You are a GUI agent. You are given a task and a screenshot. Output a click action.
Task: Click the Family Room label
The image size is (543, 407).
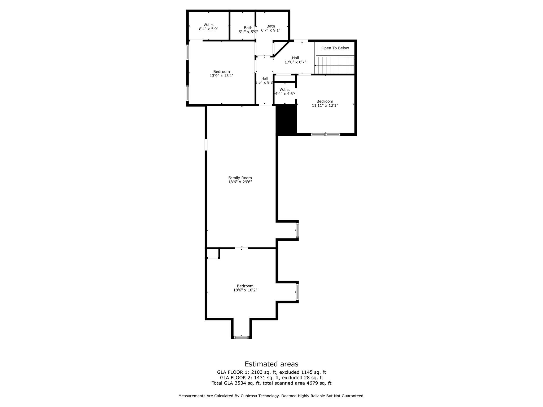[x=240, y=178]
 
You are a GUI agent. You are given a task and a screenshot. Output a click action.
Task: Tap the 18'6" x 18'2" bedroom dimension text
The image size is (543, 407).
[x=245, y=290]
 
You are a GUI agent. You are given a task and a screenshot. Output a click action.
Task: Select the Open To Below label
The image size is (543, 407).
[x=335, y=48]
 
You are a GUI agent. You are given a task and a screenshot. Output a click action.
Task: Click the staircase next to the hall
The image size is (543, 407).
[x=334, y=65]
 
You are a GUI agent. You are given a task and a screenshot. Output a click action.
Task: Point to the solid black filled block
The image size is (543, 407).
[x=286, y=120]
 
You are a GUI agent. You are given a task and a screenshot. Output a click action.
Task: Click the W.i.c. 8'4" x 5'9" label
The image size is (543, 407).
[x=209, y=27]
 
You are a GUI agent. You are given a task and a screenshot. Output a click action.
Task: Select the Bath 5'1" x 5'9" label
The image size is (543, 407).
[x=248, y=30]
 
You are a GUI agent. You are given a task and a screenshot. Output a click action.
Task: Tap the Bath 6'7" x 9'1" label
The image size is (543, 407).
[x=271, y=28]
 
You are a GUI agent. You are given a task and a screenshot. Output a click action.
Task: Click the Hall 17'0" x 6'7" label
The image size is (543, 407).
[x=295, y=60]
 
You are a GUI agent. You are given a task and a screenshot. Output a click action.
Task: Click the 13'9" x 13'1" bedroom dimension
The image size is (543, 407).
[x=221, y=76]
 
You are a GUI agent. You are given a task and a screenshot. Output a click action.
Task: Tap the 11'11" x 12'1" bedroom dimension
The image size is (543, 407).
[x=325, y=105]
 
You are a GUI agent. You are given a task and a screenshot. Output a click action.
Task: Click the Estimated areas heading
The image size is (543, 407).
[x=271, y=364]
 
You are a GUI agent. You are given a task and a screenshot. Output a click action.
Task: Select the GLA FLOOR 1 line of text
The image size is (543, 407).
[x=271, y=372]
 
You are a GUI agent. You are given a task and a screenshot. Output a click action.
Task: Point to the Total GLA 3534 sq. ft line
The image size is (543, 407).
[x=271, y=383]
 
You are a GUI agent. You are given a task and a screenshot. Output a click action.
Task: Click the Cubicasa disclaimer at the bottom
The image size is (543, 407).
[x=271, y=396]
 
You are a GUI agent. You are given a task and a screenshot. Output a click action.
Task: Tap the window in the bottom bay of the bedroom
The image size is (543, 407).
[x=241, y=337]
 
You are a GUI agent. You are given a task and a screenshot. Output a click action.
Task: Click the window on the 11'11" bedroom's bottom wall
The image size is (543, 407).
[x=325, y=135]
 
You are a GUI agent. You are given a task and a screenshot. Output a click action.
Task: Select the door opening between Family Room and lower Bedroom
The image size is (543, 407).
[x=241, y=248]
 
